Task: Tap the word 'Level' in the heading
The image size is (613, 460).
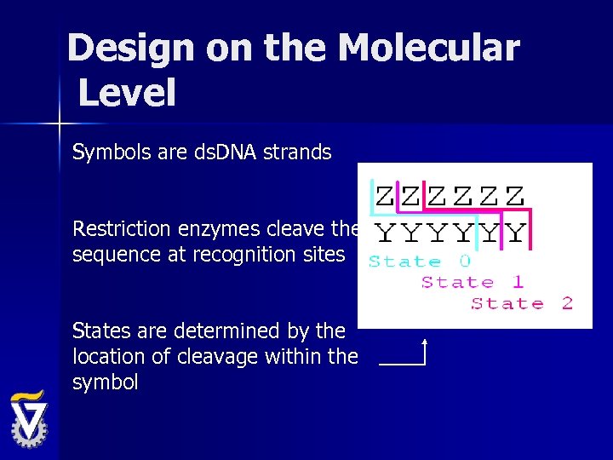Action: tap(127, 92)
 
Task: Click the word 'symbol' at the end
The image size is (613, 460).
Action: tap(105, 382)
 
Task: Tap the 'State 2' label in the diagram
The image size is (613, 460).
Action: tap(522, 303)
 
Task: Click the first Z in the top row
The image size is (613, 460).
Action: tap(385, 196)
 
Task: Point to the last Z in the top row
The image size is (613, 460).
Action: tap(514, 196)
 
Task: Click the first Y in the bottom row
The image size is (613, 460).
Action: tap(385, 233)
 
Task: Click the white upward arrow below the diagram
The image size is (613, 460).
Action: tap(423, 351)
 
